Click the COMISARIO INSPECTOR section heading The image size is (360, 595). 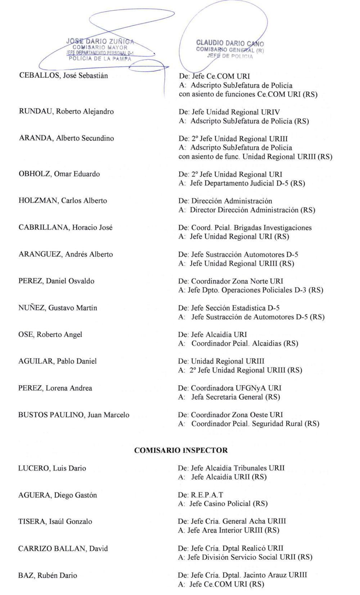tap(181, 450)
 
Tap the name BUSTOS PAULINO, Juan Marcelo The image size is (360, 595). tap(74, 415)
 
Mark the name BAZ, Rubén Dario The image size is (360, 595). tap(48, 576)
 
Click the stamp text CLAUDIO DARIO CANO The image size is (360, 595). tap(230, 44)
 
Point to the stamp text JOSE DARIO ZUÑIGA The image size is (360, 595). tap(100, 41)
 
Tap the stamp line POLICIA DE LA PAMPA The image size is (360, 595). tap(100, 59)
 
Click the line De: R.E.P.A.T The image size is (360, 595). tap(201, 495)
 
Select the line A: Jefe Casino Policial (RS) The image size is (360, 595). tap(223, 504)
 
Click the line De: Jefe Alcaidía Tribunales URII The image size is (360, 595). tap(231, 468)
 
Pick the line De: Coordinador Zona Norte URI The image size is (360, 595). tap(230, 281)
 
